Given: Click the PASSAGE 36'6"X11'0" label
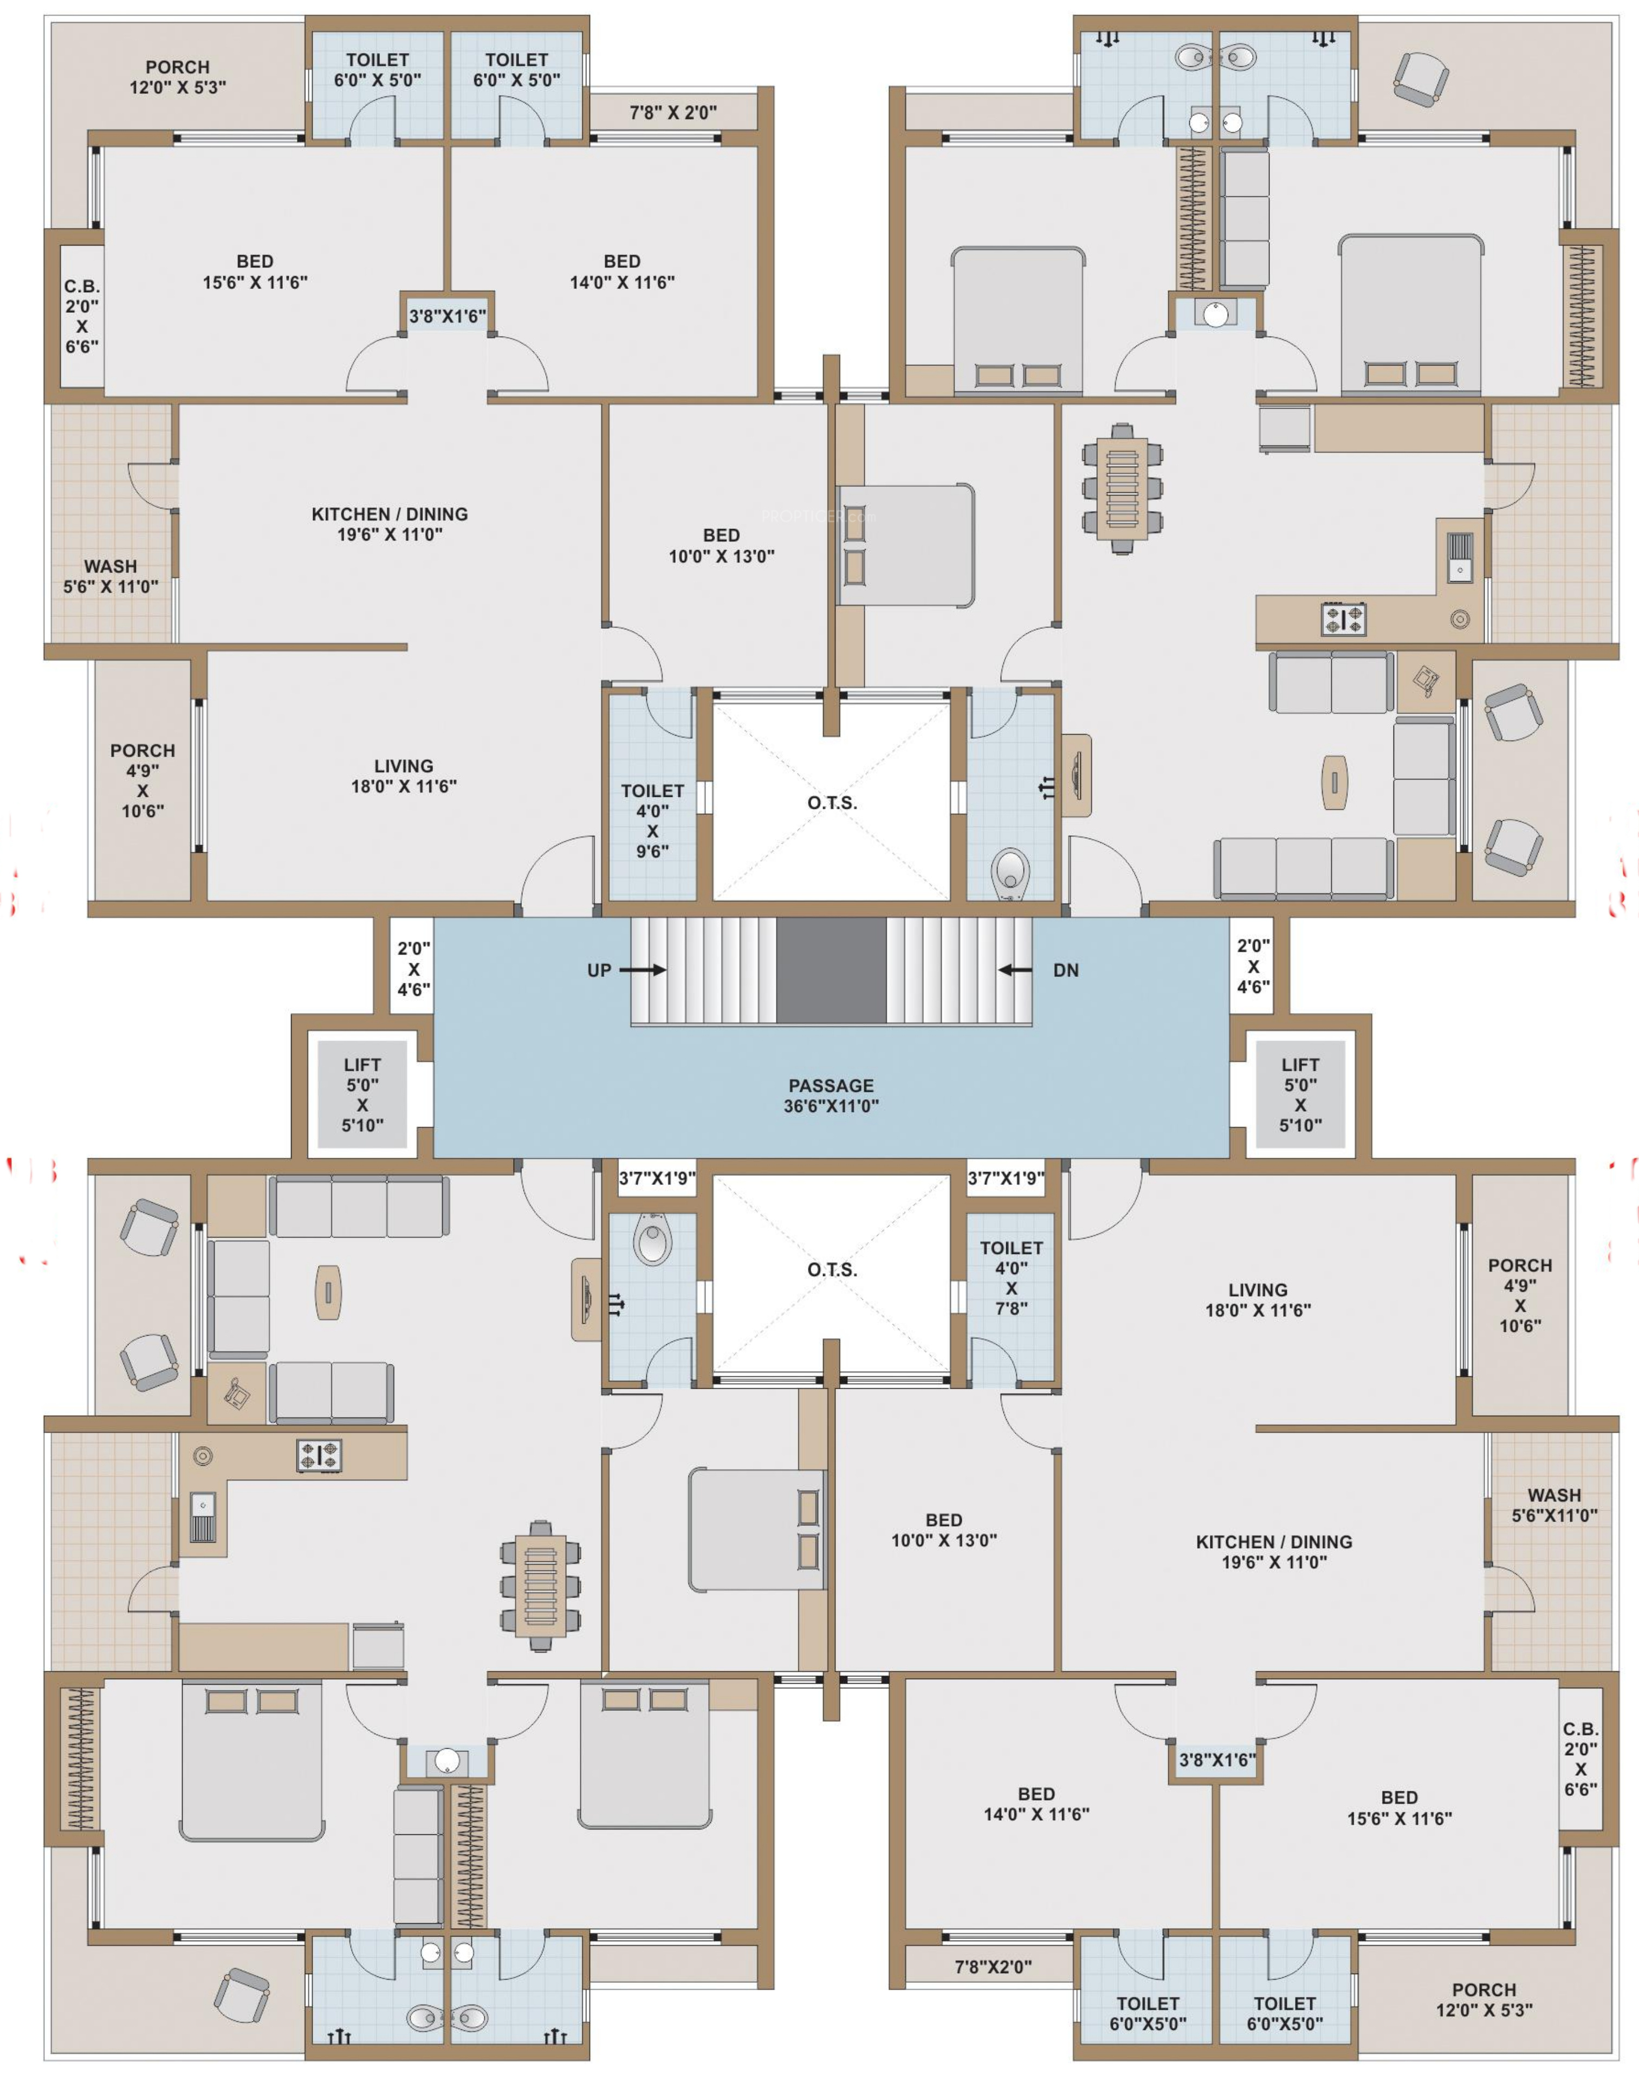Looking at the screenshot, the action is click(x=831, y=1095).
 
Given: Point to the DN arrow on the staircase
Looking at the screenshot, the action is click(x=1015, y=969).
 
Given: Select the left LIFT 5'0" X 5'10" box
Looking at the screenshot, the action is click(x=362, y=1094).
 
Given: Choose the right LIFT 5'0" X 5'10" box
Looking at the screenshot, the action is click(x=1300, y=1094).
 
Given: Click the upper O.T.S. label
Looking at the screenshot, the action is click(x=832, y=802).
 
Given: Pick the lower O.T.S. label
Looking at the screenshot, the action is click(x=832, y=1269).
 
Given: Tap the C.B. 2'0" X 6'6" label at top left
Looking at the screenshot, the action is click(x=82, y=316).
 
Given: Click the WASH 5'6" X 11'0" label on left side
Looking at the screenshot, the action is click(x=111, y=576).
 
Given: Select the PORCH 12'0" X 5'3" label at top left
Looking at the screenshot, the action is click(x=178, y=77).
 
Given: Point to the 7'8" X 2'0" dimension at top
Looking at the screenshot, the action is click(x=673, y=112).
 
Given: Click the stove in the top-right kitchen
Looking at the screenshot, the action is click(x=1344, y=619).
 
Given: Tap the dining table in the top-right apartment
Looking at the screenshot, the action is click(x=1122, y=488).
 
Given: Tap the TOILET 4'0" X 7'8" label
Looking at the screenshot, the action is click(x=1012, y=1278).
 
